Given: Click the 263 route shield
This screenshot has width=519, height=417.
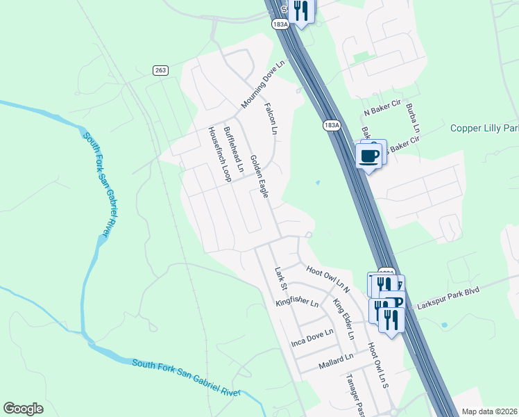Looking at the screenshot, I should (x=161, y=70).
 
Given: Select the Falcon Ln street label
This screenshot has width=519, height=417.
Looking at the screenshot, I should (x=271, y=119).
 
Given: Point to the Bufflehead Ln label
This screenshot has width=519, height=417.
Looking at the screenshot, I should (x=234, y=149).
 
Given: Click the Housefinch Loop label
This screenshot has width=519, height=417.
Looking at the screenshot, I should (x=219, y=154).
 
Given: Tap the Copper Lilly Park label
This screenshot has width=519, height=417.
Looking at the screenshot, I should (x=484, y=128).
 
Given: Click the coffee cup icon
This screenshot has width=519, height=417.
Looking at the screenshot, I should (x=368, y=155).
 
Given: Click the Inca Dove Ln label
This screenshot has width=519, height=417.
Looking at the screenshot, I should (x=313, y=338).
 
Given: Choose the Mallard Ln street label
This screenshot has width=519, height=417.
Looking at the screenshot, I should (x=335, y=361).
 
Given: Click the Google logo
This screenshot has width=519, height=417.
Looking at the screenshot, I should (x=23, y=409).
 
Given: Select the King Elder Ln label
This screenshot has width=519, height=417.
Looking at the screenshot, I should (x=343, y=318).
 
